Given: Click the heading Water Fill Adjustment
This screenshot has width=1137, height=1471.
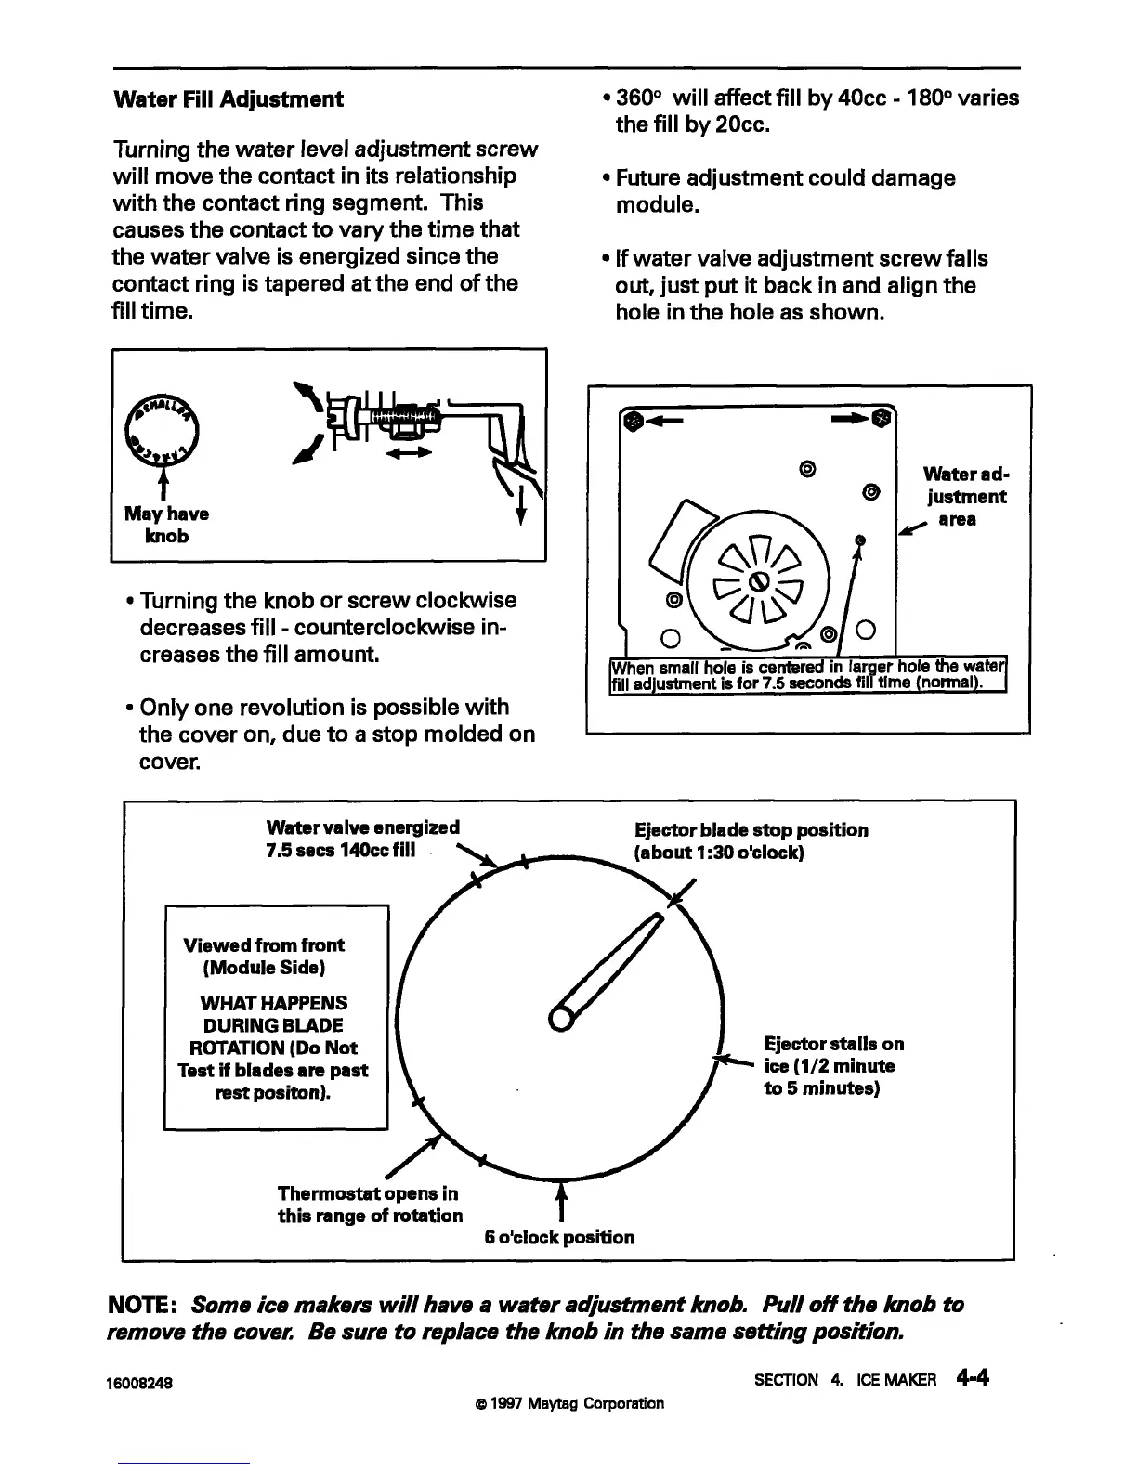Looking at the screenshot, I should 228,99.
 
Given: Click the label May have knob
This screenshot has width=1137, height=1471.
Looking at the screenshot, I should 166,525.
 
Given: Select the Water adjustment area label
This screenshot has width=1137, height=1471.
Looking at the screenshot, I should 963,497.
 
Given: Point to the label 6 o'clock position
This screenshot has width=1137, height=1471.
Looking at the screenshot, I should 559,1237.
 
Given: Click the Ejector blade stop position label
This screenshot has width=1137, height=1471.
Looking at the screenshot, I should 751,841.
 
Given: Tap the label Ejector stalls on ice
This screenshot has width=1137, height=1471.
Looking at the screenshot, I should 832,1066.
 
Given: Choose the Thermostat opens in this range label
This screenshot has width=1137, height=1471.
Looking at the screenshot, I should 370,1204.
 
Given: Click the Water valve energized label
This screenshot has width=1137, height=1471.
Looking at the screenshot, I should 362,840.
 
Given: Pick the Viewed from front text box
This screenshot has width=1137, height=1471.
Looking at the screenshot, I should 276,1018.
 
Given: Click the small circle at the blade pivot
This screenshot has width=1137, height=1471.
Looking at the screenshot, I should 562,1018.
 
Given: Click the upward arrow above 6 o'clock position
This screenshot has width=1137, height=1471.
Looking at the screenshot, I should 559,1201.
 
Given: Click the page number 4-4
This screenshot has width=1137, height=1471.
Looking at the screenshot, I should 972,1377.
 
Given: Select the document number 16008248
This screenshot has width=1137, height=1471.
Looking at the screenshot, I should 143,1381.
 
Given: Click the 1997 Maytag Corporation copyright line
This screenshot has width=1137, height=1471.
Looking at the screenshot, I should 568,1403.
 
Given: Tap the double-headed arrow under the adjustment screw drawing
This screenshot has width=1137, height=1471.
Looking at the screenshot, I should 409,454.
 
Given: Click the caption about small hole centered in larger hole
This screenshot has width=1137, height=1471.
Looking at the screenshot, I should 808,676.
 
